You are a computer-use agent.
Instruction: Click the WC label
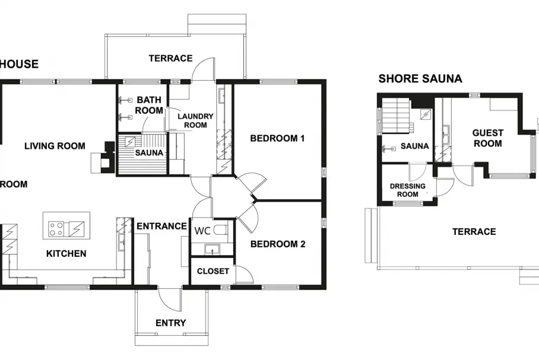tap(202, 231)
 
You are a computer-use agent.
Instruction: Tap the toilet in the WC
tap(220, 230)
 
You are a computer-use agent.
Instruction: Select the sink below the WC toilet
tap(213, 249)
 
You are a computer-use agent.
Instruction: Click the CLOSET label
tap(213, 271)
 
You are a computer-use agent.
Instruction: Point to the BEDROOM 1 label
tap(277, 138)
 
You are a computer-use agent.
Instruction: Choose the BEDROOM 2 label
tap(278, 244)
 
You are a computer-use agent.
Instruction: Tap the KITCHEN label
tap(66, 254)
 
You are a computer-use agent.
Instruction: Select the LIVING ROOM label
tap(55, 146)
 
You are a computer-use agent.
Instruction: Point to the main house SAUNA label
tap(149, 152)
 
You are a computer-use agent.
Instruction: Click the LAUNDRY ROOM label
tap(195, 120)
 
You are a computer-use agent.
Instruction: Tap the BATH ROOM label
tap(149, 105)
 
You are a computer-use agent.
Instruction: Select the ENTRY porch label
tap(170, 323)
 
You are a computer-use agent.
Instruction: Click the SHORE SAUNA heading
tap(420, 79)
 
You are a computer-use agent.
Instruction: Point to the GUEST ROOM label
tap(487, 138)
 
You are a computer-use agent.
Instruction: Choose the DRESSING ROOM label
tap(408, 190)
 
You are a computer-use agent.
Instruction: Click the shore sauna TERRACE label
tap(474, 231)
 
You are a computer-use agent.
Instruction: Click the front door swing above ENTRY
tap(170, 298)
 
